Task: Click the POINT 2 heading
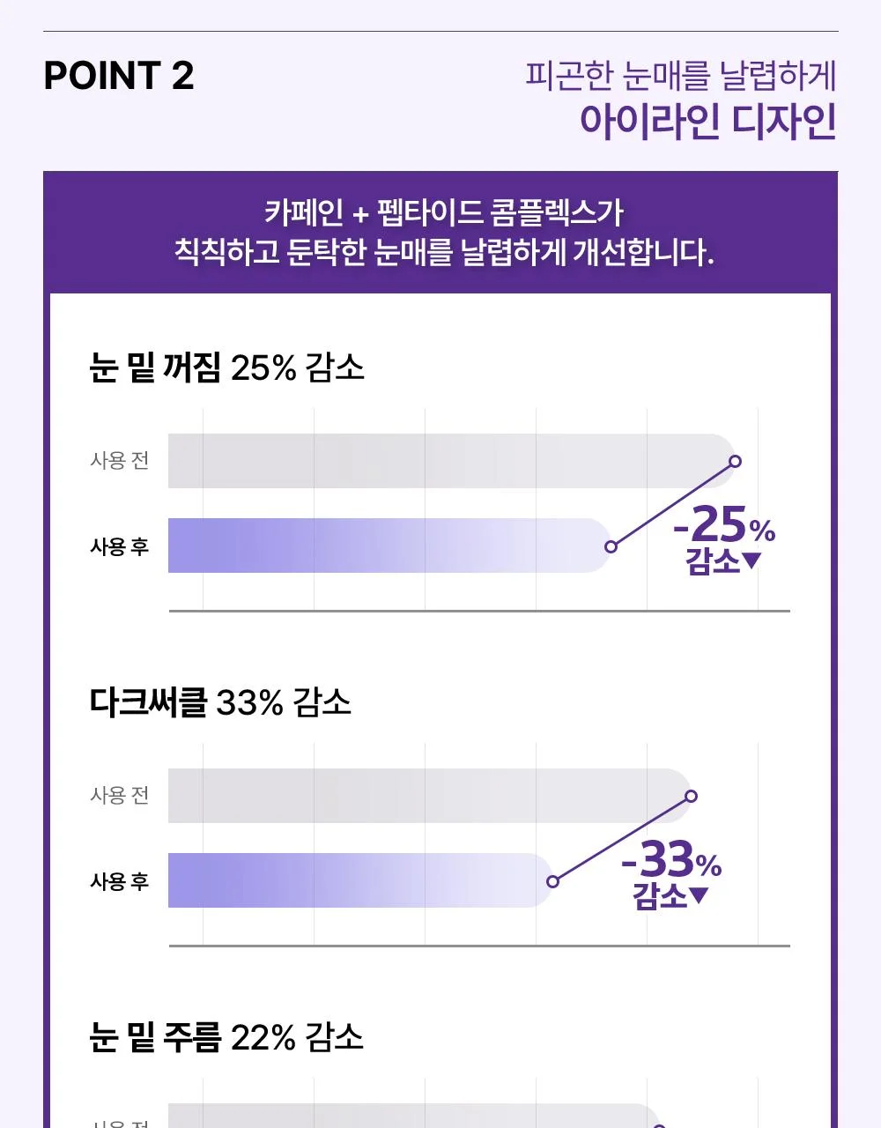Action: coord(119,76)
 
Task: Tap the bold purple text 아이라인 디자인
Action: coord(707,122)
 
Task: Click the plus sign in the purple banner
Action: coord(360,214)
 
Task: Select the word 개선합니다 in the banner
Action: coord(643,252)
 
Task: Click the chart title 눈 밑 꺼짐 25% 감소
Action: coord(226,367)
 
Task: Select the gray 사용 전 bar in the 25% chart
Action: coord(451,461)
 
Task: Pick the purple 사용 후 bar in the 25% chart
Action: coord(389,545)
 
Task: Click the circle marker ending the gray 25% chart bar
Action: coord(736,461)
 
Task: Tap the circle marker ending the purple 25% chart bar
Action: coord(611,546)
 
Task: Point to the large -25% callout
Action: coord(724,525)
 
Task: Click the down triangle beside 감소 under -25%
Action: coord(751,560)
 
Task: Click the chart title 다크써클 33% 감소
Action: coord(220,702)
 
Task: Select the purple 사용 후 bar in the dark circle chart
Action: coord(360,880)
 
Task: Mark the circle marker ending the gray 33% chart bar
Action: coord(691,796)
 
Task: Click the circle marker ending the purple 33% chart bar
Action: coord(553,881)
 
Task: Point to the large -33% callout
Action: coord(671,860)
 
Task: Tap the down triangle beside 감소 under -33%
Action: coord(699,895)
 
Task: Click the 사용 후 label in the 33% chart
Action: coord(120,881)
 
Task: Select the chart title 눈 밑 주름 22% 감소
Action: coord(226,1037)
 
